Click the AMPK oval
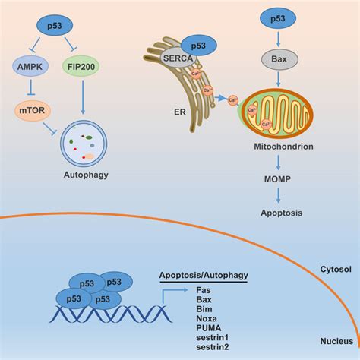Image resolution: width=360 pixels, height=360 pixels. click(31, 67)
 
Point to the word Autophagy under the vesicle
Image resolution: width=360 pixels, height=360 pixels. click(84, 175)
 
